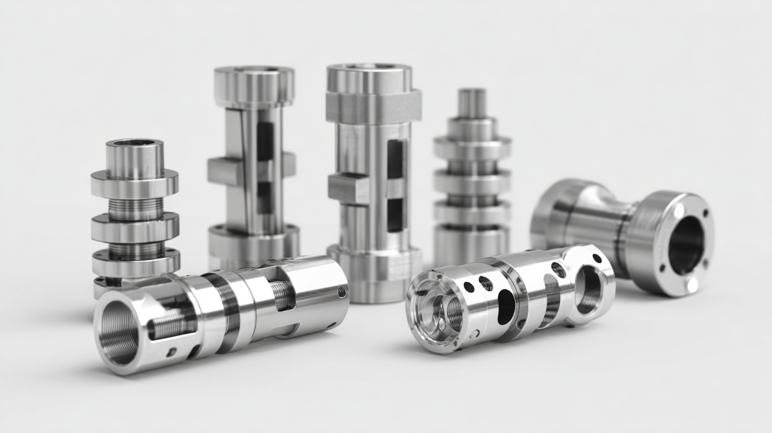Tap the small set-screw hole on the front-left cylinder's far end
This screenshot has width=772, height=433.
341,292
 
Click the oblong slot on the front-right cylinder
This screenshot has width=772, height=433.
506,306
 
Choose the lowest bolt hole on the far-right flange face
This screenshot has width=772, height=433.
691,285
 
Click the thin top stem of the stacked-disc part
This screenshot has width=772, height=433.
472,103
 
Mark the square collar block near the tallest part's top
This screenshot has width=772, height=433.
373,106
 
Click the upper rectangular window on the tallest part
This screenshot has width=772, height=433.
394,159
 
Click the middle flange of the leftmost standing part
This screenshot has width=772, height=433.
135,227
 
